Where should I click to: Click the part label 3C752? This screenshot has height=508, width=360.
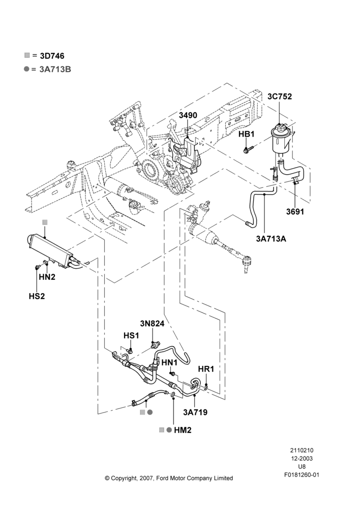click(279, 97)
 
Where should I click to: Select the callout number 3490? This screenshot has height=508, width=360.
click(188, 115)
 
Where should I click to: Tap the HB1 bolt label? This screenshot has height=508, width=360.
click(247, 134)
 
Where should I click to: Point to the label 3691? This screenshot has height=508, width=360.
click(295, 211)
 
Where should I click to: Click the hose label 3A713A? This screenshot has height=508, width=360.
click(271, 239)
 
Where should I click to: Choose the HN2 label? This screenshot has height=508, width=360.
click(47, 277)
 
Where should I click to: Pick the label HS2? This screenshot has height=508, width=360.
click(37, 296)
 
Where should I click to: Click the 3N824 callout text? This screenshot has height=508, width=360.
click(152, 324)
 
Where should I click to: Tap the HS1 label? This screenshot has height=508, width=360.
click(131, 336)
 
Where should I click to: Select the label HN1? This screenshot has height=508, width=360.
click(169, 362)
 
